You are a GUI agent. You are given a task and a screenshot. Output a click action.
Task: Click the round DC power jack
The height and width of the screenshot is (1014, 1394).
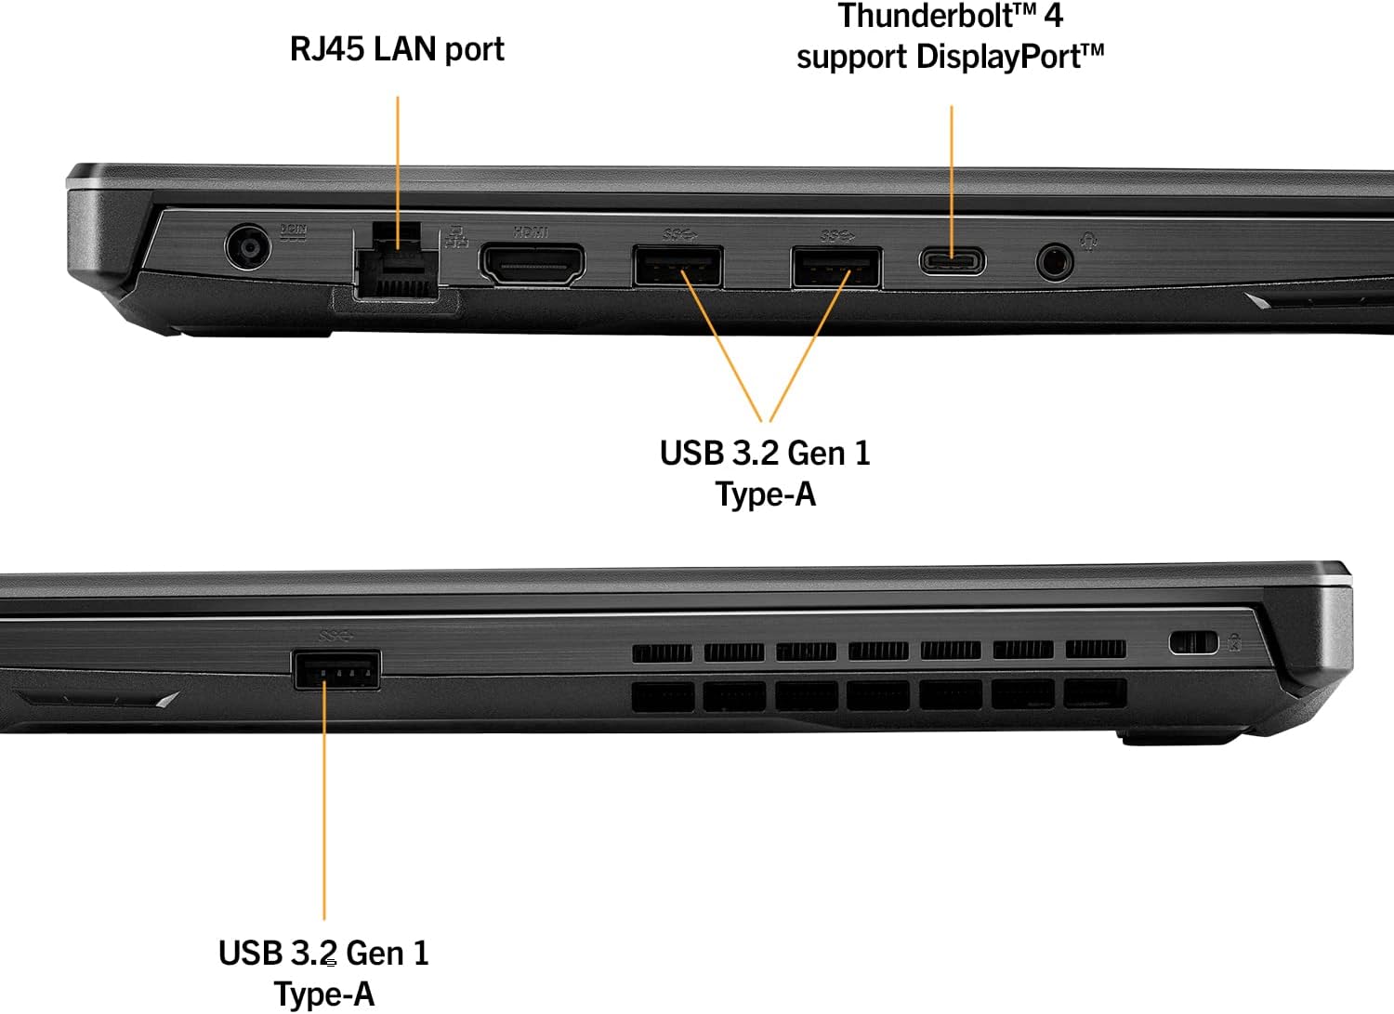click(248, 248)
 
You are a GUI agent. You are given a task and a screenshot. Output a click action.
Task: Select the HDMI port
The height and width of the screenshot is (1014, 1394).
click(532, 264)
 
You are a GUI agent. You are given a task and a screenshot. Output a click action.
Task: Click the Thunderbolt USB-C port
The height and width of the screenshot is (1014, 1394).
click(953, 260)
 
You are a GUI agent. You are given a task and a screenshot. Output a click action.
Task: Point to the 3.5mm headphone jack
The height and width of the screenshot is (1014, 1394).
click(1055, 261)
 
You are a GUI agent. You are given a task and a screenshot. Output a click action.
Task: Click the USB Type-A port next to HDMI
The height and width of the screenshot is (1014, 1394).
click(677, 266)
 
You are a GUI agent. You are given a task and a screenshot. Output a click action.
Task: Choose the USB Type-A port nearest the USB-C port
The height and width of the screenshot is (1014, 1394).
click(836, 267)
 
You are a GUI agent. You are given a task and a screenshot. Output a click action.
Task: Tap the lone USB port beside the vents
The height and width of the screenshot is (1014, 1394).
click(336, 669)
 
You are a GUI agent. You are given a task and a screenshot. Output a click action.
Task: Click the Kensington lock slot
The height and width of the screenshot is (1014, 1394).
click(1193, 642)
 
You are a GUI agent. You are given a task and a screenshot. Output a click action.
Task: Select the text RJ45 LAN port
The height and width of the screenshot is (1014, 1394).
click(397, 49)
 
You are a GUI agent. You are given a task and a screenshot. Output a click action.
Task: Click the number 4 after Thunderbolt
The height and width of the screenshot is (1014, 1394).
click(1054, 16)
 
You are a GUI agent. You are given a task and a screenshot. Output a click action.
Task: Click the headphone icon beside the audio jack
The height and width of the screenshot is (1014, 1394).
click(1089, 242)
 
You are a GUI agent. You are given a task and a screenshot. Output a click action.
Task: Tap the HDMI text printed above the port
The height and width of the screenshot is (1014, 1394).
click(532, 231)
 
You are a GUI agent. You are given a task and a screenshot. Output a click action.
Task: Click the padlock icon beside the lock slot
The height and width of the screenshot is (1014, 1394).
click(1234, 641)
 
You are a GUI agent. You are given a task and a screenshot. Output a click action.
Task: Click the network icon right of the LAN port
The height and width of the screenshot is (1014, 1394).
click(456, 237)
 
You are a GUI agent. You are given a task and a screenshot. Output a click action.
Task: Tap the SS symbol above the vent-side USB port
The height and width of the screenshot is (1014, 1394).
click(336, 636)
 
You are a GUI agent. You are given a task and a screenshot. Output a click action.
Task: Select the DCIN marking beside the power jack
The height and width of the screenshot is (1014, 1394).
click(294, 232)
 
